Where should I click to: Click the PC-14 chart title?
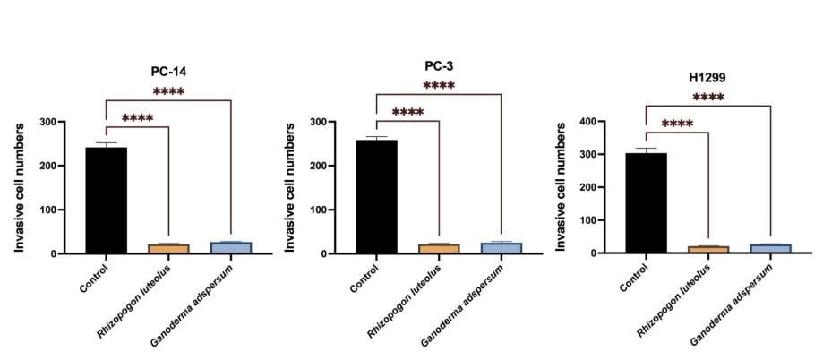168,71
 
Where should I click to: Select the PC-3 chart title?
439,65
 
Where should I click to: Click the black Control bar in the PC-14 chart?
107,201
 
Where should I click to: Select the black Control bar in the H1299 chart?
646,203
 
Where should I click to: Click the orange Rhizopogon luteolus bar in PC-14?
168,248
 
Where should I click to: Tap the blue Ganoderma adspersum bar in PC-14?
231,247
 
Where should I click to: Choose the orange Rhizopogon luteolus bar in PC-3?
439,248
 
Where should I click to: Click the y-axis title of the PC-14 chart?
20,187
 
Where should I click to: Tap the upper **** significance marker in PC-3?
439,86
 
